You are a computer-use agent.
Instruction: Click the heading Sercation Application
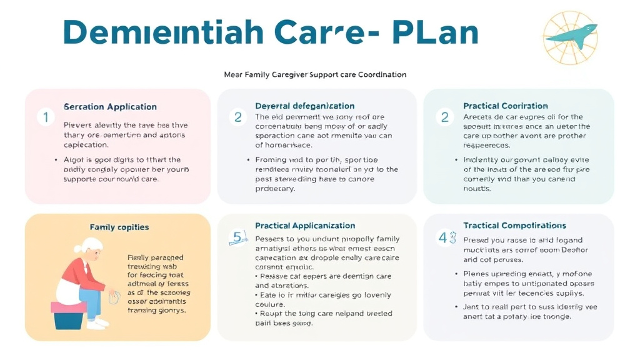110,107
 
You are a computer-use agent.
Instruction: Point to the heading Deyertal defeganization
304,106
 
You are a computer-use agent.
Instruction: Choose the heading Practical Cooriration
505,106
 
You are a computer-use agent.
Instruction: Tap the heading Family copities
119,227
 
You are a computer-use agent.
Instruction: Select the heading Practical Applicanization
304,226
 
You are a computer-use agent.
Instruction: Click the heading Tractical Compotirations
514,226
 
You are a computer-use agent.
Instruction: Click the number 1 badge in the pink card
45,117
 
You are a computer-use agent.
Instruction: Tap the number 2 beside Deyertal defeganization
237,117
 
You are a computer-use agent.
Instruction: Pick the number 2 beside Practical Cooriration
445,117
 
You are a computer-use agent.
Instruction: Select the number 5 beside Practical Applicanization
237,237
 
